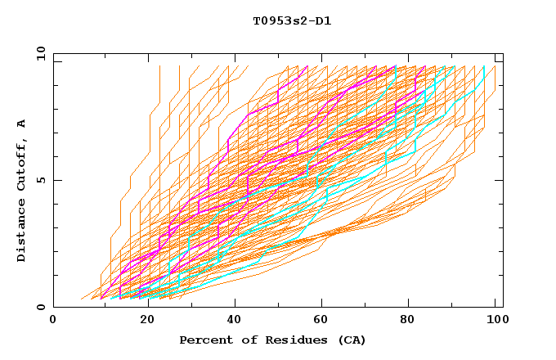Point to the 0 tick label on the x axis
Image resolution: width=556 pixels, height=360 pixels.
point(53,319)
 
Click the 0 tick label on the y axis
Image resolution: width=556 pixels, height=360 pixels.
point(42,308)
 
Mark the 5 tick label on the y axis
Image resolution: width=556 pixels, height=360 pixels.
point(42,180)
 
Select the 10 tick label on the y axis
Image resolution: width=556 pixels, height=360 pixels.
point(38,52)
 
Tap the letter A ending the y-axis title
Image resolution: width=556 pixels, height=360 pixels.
point(21,123)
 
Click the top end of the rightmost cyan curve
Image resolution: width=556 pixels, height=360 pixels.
point(485,66)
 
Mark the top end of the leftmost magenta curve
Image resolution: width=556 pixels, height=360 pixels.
point(307,66)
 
